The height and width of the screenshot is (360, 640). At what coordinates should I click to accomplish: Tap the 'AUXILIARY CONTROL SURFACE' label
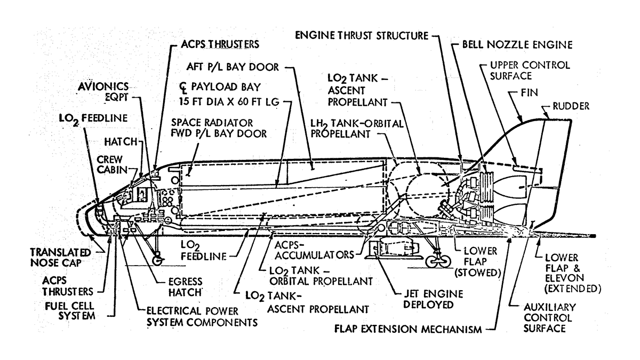[x=551, y=318]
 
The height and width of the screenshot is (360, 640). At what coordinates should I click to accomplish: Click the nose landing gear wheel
[x=158, y=261]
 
